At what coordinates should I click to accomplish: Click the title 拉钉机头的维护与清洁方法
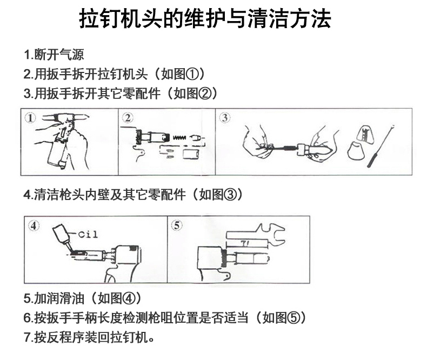[205, 18]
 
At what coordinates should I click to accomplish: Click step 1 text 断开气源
[59, 55]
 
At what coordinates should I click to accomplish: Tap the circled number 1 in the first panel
[30, 118]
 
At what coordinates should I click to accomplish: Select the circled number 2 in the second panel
[128, 118]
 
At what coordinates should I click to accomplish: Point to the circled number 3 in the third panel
[225, 118]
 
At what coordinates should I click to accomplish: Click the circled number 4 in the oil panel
[34, 226]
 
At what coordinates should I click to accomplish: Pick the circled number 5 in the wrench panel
[177, 225]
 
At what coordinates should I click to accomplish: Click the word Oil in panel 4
[88, 235]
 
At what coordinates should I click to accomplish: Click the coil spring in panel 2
[180, 137]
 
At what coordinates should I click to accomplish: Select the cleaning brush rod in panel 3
[381, 146]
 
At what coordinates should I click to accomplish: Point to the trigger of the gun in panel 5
[226, 276]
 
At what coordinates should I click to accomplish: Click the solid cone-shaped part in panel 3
[356, 151]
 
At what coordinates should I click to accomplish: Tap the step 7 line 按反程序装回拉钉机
[89, 337]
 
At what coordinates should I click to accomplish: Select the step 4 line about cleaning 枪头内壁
[133, 195]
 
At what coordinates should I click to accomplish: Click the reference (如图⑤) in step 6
[281, 317]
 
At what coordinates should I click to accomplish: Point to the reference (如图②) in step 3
[192, 94]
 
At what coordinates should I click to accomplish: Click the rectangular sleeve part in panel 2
[191, 154]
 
